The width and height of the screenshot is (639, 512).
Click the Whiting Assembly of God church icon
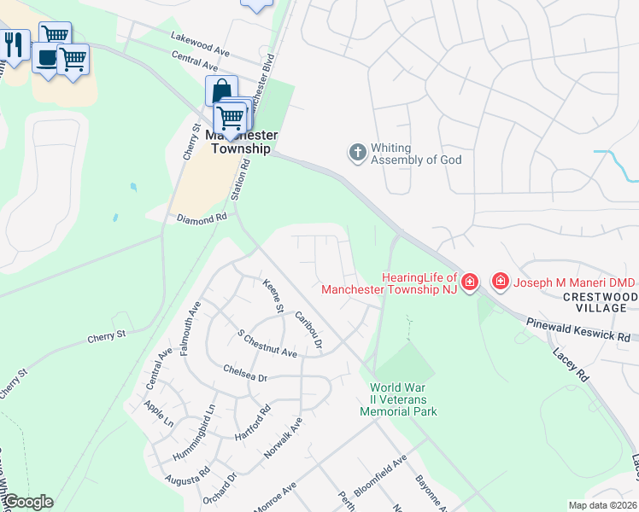pos(357,153)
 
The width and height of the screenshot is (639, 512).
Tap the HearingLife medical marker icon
pos(469,282)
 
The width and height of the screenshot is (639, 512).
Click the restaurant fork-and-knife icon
pos(14,44)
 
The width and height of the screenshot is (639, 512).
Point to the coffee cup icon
pos(46,59)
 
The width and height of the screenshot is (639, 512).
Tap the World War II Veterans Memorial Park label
pos(398,399)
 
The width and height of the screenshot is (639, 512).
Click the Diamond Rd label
pos(202,218)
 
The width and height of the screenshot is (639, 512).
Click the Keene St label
pos(273,295)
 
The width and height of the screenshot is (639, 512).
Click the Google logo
pos(27,502)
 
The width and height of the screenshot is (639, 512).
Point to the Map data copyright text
pos(603,504)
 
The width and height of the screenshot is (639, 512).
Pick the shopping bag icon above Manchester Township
pos(221,90)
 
